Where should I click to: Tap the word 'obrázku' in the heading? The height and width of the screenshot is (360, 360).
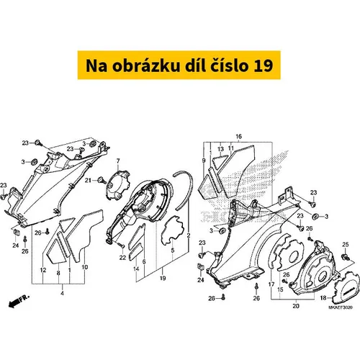point(145,66)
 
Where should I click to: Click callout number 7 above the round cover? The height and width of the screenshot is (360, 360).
point(118,161)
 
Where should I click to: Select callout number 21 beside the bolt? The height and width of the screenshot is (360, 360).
point(88,180)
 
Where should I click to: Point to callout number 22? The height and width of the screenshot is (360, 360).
point(122,258)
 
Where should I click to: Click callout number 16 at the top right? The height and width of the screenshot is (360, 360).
point(238,137)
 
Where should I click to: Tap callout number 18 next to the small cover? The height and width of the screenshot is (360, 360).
point(323,298)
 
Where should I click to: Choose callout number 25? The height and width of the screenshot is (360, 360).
point(346,245)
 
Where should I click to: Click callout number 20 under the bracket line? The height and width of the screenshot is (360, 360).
point(296,306)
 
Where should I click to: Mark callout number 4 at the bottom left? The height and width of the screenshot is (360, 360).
point(62,293)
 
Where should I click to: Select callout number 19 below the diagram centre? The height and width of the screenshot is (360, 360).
point(163,278)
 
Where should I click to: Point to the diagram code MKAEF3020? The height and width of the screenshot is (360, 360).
point(341,307)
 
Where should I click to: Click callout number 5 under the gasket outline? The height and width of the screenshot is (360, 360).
point(173,251)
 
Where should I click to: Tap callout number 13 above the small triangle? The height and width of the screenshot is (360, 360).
point(220,149)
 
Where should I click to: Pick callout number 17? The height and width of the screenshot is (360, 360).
point(271,284)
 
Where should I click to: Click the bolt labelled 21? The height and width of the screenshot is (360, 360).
point(102,181)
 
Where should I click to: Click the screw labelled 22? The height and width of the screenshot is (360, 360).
point(121,245)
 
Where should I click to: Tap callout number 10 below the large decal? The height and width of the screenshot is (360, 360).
point(85,267)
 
